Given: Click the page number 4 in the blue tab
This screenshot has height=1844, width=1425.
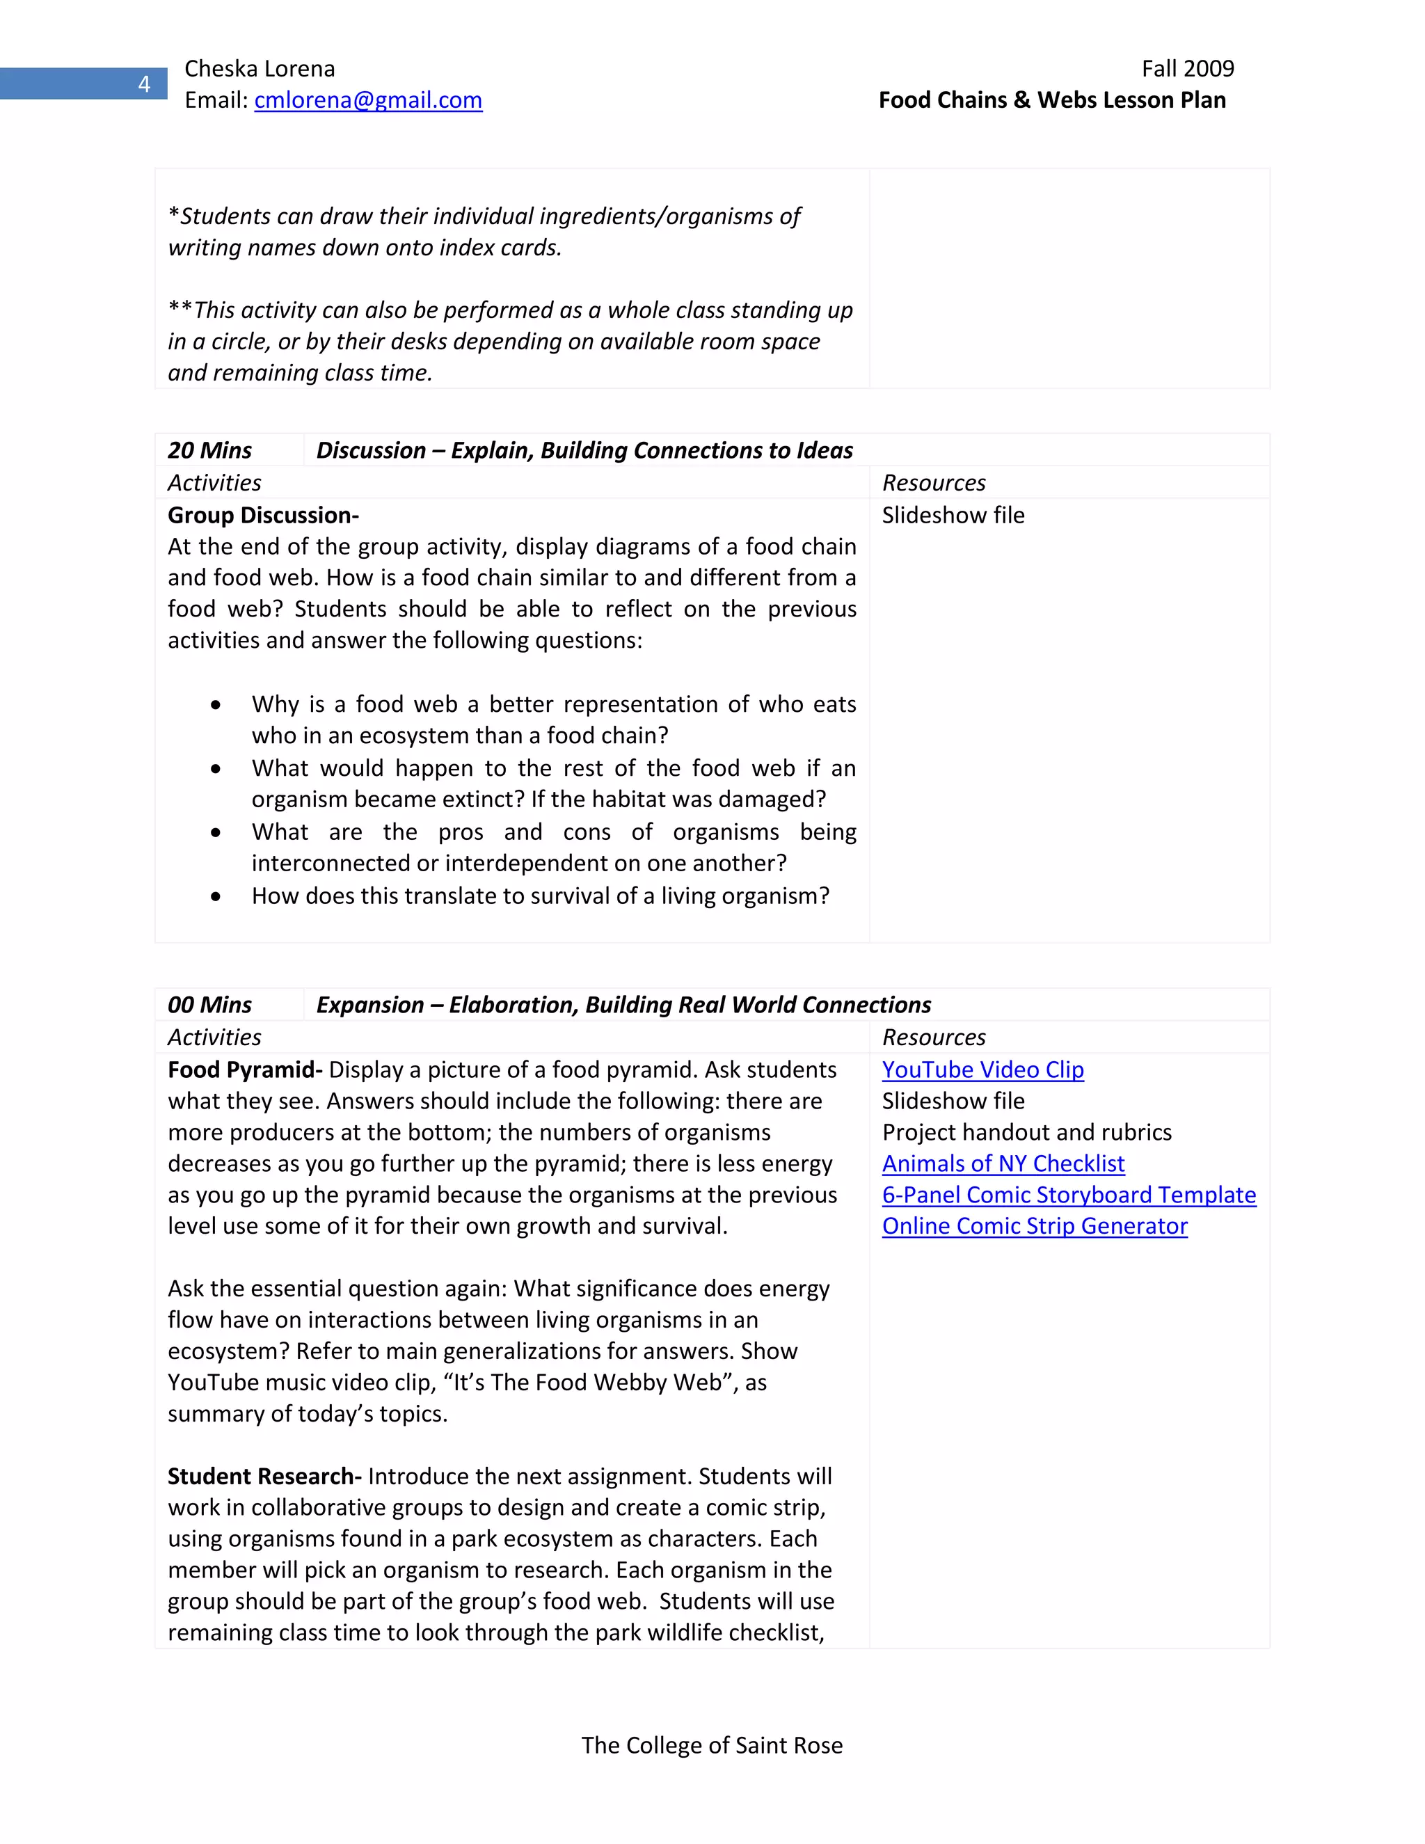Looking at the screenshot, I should (144, 84).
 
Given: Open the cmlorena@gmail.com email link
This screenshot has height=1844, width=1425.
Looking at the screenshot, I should (368, 100).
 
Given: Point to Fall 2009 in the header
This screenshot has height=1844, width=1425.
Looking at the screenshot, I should (1187, 68).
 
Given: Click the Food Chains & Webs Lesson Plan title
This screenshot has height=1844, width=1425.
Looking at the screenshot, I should (1052, 100).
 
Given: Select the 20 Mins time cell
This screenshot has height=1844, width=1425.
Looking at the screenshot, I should (210, 451).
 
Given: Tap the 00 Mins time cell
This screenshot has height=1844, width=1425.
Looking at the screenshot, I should (210, 1005).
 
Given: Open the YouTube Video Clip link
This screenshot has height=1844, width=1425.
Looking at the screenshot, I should (982, 1070).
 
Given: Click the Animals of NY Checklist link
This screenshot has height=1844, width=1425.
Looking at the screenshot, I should (1003, 1163).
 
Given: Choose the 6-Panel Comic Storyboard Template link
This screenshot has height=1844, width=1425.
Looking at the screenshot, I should (1069, 1195).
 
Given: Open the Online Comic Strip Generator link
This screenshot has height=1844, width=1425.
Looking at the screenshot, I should (1035, 1226).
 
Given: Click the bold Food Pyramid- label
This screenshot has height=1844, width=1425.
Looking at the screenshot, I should (245, 1070).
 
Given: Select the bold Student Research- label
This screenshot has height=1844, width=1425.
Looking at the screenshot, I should (264, 1476).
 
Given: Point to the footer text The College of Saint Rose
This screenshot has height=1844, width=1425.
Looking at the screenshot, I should (712, 1745).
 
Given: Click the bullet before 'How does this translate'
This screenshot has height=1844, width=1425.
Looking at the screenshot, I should (216, 897).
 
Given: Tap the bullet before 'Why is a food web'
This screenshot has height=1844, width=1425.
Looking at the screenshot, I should (216, 705).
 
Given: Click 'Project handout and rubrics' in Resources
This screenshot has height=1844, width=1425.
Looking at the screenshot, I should (1026, 1132).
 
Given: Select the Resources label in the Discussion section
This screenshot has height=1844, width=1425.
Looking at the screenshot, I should (934, 483).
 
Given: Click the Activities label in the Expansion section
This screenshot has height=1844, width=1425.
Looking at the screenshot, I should (214, 1038).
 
